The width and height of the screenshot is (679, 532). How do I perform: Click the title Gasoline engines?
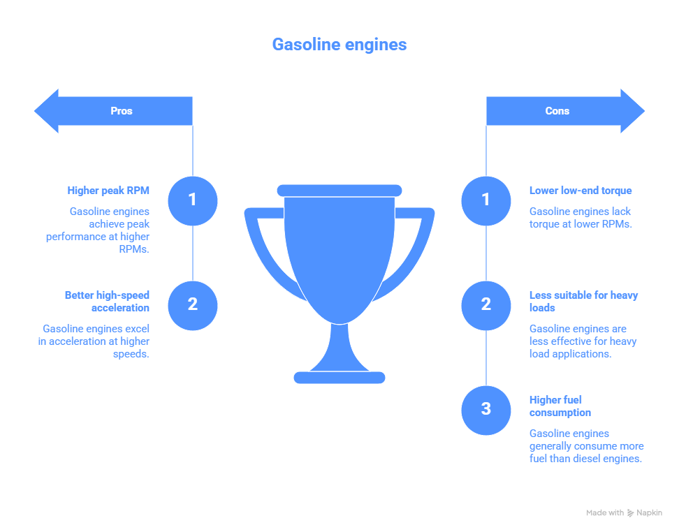339,45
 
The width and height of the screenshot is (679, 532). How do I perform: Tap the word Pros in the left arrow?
122,111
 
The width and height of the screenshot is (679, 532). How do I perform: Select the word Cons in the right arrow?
557,111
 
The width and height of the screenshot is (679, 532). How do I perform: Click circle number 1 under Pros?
193,200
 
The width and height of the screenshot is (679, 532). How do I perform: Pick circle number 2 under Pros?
193,305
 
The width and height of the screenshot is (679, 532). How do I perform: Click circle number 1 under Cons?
486,200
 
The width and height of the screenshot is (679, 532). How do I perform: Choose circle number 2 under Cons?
486,305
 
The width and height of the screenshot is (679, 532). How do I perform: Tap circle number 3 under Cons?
486,410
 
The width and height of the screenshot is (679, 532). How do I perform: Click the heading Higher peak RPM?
108,190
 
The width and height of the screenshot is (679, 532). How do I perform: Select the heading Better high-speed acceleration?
107,301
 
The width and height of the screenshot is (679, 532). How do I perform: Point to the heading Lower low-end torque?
581,190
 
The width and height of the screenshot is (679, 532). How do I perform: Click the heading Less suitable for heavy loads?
583,301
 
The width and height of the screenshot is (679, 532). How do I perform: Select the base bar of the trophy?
339,378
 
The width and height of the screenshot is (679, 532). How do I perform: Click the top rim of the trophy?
339,190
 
